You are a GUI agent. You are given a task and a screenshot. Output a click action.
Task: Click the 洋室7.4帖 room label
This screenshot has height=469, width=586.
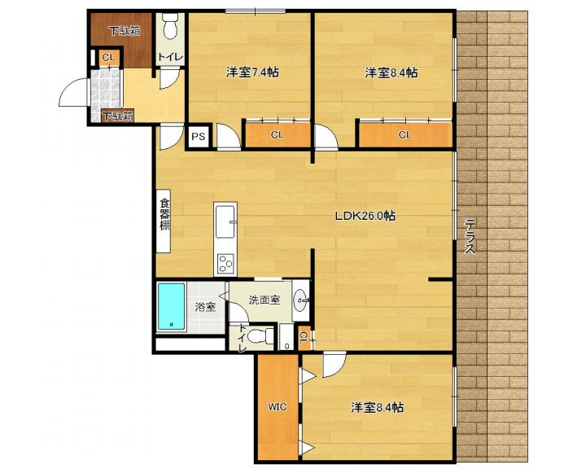(252, 72)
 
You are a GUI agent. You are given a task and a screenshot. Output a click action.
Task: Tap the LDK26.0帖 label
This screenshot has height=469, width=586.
(365, 216)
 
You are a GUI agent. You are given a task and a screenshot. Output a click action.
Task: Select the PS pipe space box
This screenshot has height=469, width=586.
(199, 137)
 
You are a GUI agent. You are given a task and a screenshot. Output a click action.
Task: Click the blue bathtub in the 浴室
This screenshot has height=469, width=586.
(171, 306)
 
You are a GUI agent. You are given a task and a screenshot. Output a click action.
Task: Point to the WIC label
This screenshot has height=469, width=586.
(278, 407)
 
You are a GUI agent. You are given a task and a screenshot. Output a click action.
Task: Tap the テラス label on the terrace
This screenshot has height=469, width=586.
(470, 236)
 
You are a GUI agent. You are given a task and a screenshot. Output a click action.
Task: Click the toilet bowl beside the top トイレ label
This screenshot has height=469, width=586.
(170, 27)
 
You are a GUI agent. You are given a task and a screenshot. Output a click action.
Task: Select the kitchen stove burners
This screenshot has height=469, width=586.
(225, 263)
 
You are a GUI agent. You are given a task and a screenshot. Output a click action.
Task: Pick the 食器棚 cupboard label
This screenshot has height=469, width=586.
(164, 215)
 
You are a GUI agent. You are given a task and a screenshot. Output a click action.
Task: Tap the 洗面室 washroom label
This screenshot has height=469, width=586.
(265, 300)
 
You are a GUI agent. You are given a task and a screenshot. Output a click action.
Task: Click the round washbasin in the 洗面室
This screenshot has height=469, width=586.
(301, 300)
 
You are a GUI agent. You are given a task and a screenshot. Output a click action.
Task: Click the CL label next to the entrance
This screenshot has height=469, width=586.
(108, 58)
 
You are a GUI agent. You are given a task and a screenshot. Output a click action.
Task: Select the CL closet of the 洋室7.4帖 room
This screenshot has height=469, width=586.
(278, 134)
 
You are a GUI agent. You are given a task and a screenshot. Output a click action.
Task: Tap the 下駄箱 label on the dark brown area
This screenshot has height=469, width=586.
(125, 31)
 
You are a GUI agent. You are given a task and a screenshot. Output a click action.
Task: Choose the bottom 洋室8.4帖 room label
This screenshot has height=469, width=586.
(377, 407)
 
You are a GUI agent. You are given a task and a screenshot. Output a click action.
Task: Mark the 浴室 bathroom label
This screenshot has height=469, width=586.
(205, 307)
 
